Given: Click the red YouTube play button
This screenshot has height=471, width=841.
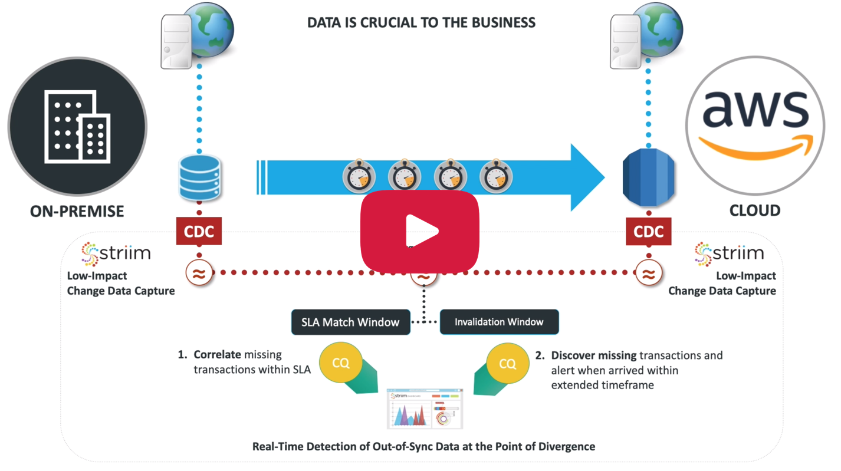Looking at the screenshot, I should [420, 230].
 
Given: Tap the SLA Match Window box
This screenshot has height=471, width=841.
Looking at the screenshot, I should [350, 322].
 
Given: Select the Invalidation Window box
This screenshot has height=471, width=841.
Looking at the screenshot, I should [499, 322].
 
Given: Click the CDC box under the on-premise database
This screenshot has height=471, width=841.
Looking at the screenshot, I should [199, 232].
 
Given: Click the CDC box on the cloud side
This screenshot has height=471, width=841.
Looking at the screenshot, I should [648, 232].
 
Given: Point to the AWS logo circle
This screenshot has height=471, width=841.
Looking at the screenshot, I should [755, 125].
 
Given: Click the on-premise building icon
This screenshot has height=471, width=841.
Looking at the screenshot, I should [77, 126].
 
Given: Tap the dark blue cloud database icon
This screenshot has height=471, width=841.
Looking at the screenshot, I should [648, 177].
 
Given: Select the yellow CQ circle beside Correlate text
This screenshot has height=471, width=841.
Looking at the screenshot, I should [340, 363].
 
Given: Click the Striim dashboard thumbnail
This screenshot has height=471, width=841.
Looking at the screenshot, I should [425, 409].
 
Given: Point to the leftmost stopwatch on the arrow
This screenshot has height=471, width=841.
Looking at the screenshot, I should [359, 176].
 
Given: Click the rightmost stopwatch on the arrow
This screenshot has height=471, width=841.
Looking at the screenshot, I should [496, 176].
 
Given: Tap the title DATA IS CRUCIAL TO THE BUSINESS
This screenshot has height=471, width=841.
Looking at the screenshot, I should [421, 23].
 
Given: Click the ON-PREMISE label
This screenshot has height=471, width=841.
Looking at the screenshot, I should [77, 211].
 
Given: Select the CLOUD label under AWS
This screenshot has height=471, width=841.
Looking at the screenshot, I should [754, 210].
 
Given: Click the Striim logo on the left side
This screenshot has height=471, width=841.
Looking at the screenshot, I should [116, 253].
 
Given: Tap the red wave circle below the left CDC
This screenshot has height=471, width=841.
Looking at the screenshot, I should [199, 273].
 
